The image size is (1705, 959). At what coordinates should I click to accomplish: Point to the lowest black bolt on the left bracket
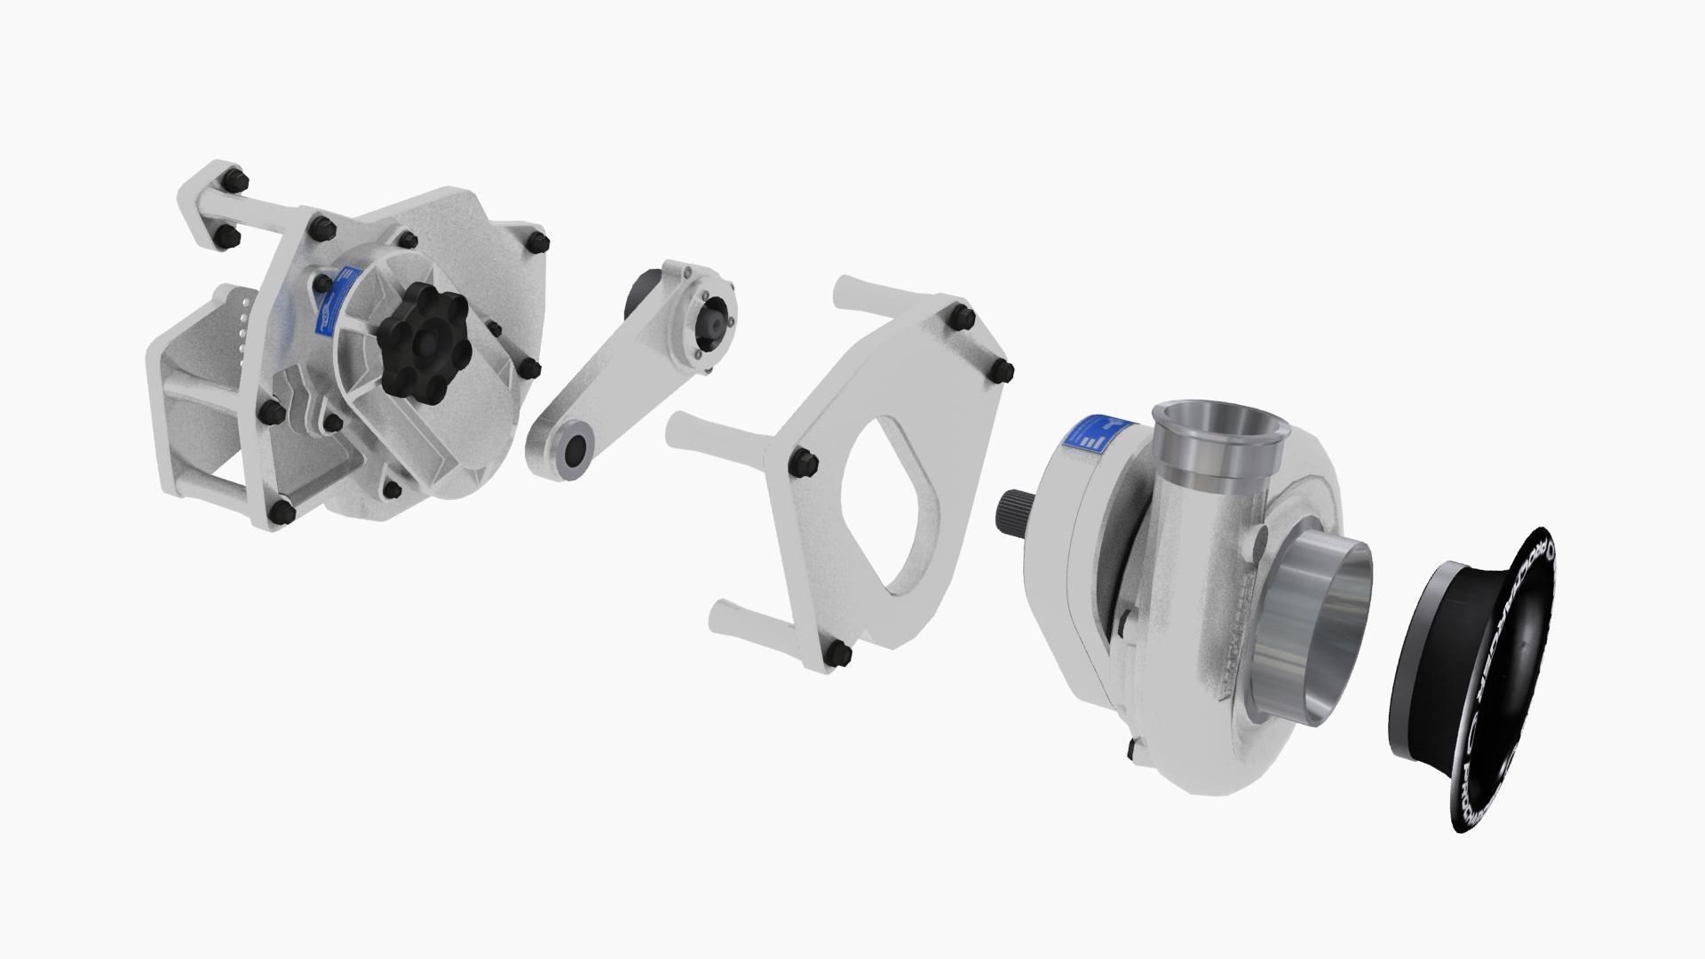[282, 512]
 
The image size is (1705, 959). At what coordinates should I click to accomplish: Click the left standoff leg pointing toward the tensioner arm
[710, 431]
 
